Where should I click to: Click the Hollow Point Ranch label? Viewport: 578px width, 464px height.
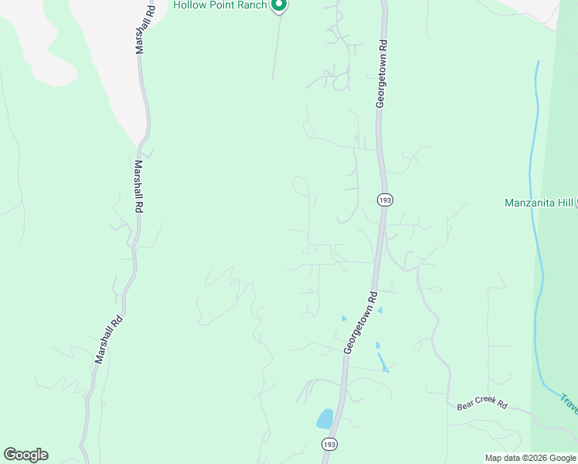pos(220,5)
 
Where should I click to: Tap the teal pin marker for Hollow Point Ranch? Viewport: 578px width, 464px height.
pos(280,5)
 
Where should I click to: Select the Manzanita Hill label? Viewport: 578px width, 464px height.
pos(539,203)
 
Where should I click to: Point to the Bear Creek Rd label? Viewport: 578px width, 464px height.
pos(481,405)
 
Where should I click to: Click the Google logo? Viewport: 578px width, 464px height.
pos(25,455)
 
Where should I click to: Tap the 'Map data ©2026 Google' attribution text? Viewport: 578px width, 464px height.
pos(530,458)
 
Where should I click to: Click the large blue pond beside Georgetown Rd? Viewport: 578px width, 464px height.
pos(325,419)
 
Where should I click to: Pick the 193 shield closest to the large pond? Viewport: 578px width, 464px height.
pos(329,444)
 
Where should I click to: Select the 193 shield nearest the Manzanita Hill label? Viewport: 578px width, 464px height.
pos(385,200)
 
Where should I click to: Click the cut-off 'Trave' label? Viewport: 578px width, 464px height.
pos(569,403)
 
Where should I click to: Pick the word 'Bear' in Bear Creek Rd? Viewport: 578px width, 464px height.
pos(466,405)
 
